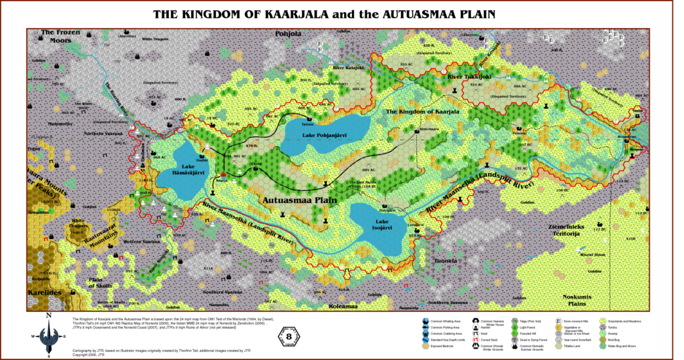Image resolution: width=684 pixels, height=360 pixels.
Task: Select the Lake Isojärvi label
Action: [371, 224]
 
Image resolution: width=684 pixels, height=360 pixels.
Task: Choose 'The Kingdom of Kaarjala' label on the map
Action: [423, 112]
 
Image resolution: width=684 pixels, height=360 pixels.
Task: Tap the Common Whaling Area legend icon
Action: [425, 321]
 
